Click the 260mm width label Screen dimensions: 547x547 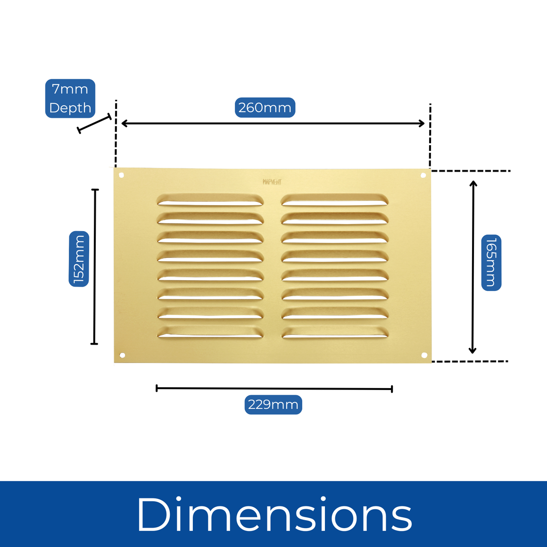265,108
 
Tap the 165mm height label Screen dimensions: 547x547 491,262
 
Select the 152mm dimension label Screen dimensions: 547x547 79,258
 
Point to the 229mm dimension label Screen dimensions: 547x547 273,405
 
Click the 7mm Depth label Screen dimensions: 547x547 70,99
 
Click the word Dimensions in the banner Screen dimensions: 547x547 274,515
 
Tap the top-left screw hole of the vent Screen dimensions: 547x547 121,175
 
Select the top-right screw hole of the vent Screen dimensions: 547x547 423,175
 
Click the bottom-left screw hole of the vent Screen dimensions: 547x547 123,355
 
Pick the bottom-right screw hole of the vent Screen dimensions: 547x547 424,355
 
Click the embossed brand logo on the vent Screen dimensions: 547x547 272,182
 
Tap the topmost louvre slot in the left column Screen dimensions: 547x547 210,200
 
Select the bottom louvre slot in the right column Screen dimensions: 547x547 335,333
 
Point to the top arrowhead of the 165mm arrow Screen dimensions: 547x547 473,183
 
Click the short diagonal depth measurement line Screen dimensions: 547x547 94,124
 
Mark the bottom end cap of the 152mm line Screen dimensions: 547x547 94,343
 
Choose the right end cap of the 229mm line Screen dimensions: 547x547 391,389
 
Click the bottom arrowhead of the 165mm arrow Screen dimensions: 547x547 472,350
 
